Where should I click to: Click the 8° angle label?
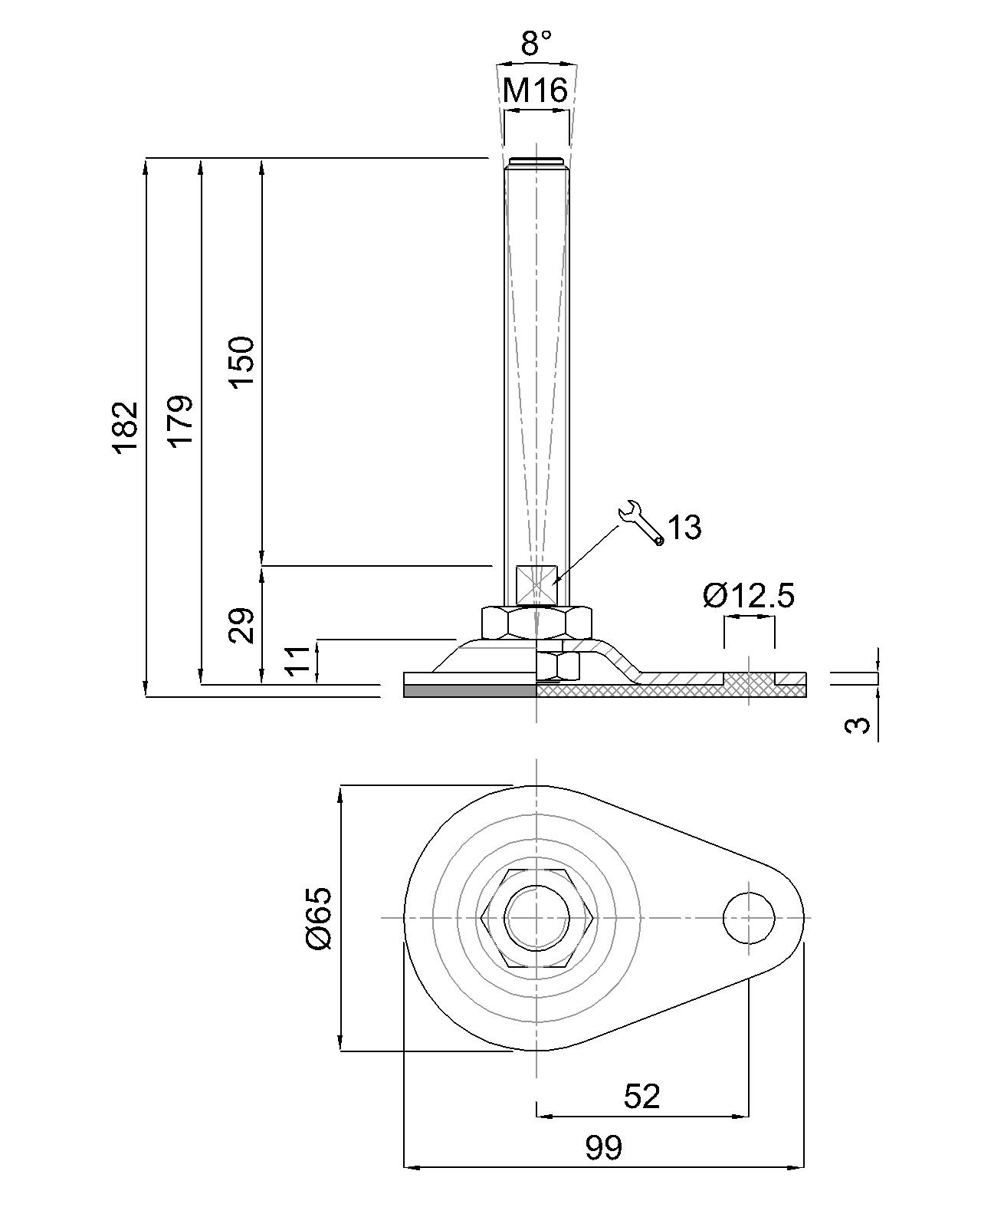[536, 44]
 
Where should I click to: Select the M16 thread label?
[535, 91]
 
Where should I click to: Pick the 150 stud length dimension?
[242, 362]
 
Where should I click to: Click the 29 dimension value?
[242, 625]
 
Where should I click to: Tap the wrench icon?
[641, 523]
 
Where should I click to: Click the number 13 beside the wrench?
[684, 528]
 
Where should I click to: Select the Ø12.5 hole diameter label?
[749, 595]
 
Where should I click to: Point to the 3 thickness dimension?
[861, 725]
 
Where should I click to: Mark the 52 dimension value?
[641, 1097]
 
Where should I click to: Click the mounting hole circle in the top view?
[749, 918]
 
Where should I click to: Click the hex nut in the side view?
[536, 622]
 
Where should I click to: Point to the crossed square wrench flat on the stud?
[536, 584]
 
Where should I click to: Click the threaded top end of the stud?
[536, 163]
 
